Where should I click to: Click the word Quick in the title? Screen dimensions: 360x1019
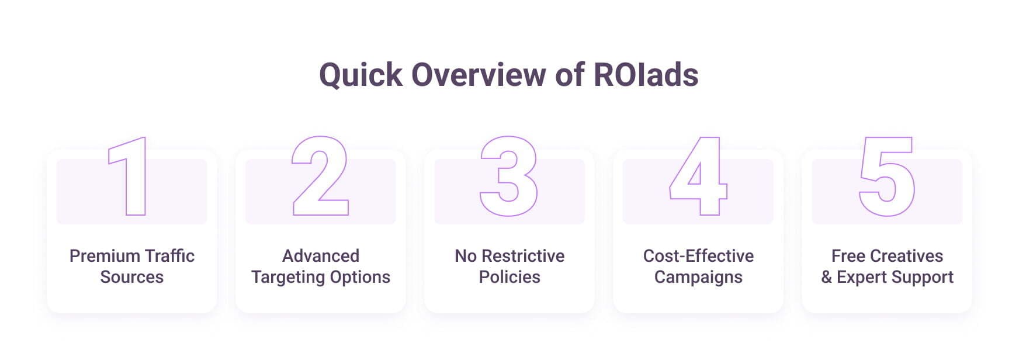(361, 75)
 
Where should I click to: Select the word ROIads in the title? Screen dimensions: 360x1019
(646, 75)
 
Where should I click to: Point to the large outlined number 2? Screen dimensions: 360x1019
(320, 176)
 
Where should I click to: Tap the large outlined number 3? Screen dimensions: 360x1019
(508, 176)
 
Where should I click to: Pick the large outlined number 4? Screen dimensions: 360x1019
(698, 176)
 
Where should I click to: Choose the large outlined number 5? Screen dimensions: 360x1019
(886, 176)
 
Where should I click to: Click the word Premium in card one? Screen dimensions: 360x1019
(104, 256)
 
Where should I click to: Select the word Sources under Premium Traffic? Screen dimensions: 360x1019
(132, 277)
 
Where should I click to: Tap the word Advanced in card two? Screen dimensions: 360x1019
(321, 256)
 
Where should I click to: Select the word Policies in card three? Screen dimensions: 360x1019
(509, 277)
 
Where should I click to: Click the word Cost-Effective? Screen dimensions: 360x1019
(698, 256)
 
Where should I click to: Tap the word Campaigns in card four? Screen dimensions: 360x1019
(698, 277)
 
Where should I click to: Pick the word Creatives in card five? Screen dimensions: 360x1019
(906, 256)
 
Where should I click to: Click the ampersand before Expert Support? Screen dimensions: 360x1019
(826, 277)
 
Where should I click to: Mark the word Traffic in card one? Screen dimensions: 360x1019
(169, 256)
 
